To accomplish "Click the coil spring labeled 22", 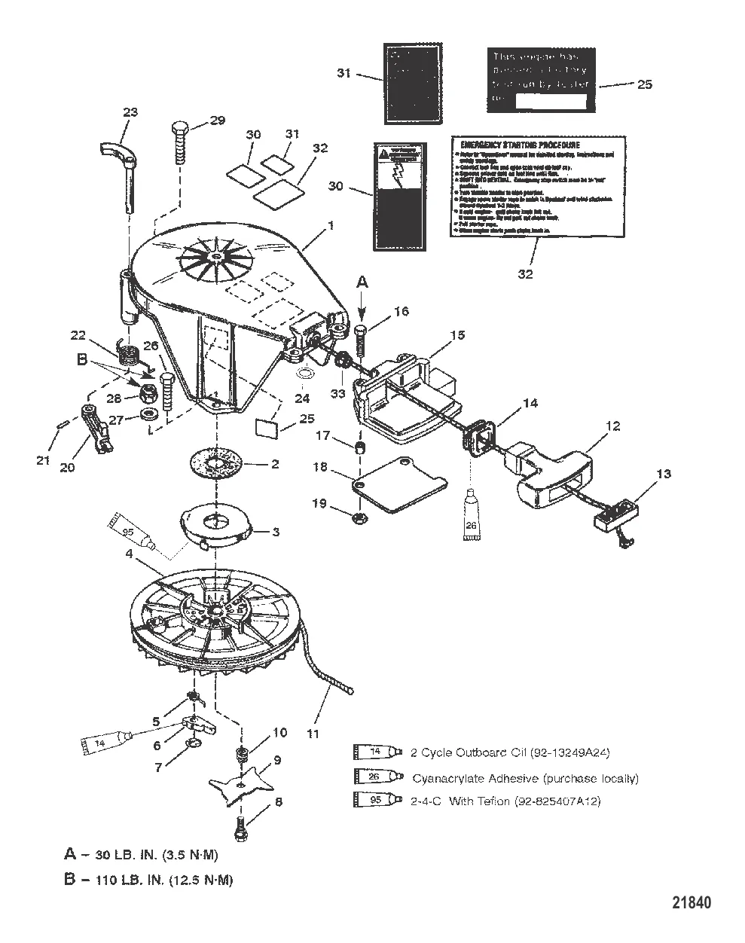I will coord(130,354).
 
